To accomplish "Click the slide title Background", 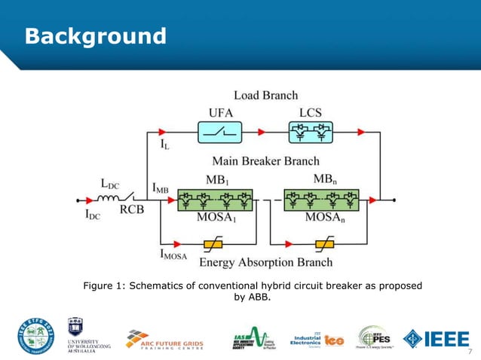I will pos(95,35).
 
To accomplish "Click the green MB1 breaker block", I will pos(213,200).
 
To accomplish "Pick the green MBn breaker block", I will pos(325,200).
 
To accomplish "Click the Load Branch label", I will pos(265,95).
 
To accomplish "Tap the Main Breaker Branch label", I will pos(265,160).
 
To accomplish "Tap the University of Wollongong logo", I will pos(88,337).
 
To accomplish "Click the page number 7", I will pos(470,352).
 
